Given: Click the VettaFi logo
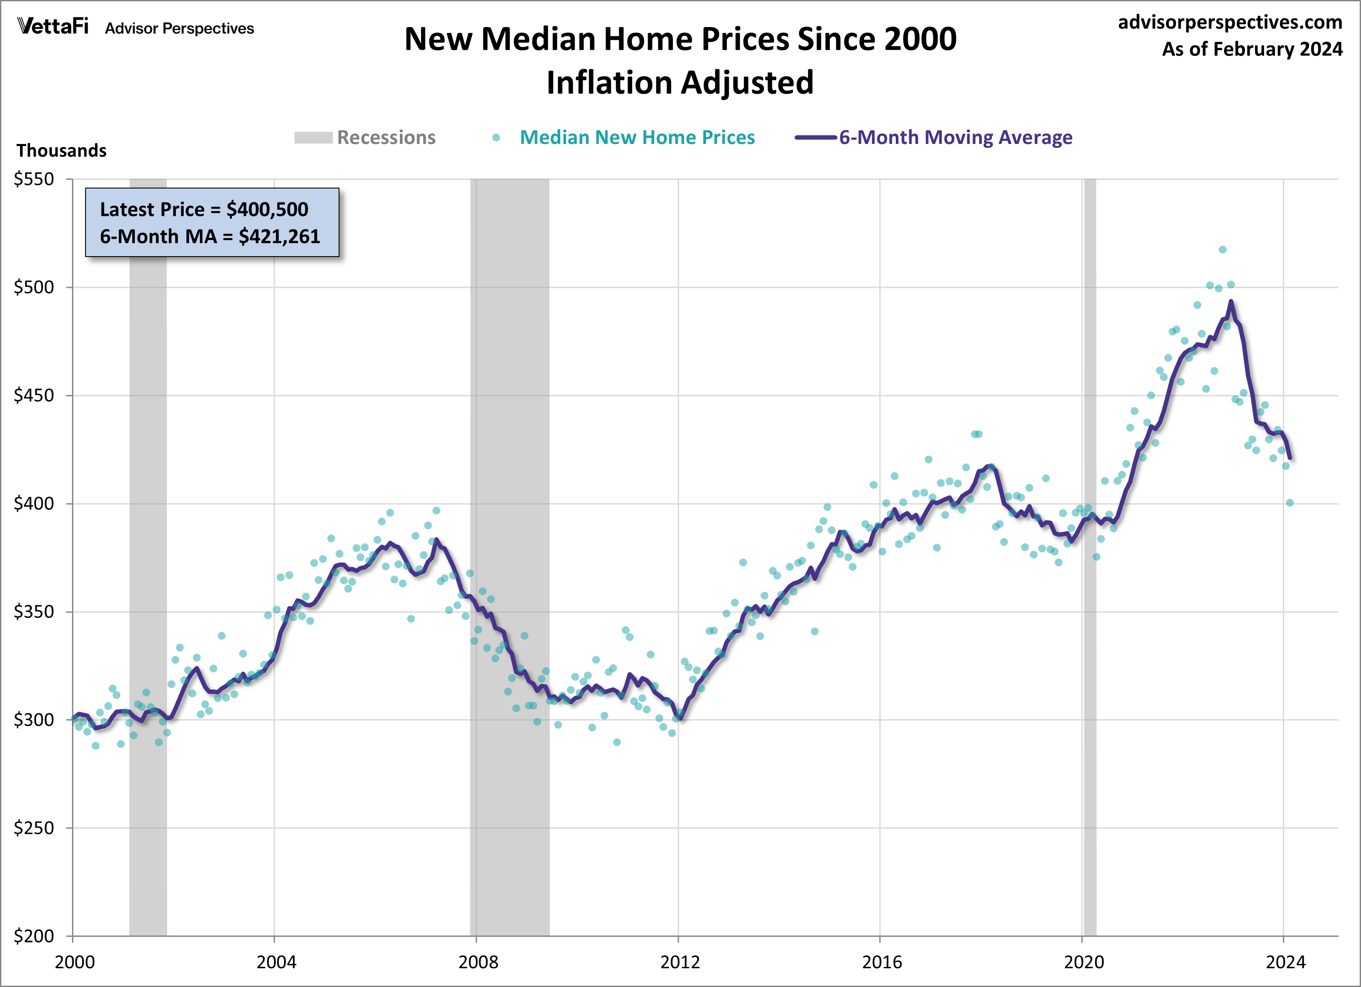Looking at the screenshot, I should click(x=53, y=27).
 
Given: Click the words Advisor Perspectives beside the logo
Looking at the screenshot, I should click(x=179, y=29).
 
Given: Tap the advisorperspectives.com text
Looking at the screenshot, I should click(x=1230, y=22).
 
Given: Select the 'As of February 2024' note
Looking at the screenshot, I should click(x=1252, y=49).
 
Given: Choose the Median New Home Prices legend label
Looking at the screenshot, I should click(x=637, y=137).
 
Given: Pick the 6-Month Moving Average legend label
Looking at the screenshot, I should click(x=955, y=137).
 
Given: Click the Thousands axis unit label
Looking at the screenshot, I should click(x=61, y=151).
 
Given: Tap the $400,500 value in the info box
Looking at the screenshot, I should click(x=267, y=209).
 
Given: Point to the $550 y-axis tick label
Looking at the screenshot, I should click(x=34, y=179).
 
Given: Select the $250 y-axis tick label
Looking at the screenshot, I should click(x=34, y=828).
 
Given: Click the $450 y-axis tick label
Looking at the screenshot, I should click(x=34, y=395).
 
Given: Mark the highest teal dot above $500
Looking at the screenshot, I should click(x=1222, y=250).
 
